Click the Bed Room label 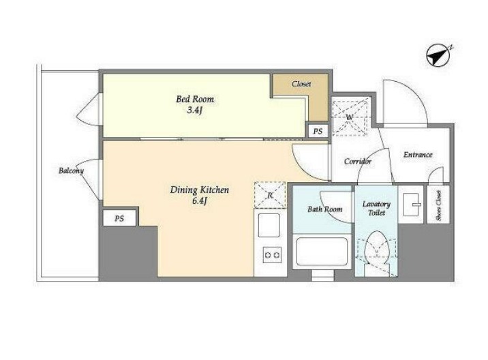tap(195, 100)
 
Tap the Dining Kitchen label tap(200, 190)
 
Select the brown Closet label tap(301, 84)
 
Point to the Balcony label tap(72, 170)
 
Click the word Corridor tap(358, 162)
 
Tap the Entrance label tap(418, 155)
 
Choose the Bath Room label tap(325, 209)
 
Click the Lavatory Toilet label tap(377, 209)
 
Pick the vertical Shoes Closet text tap(438, 205)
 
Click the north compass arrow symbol tap(437, 56)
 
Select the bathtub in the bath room tap(322, 252)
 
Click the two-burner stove tap(273, 255)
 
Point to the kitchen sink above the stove tap(269, 225)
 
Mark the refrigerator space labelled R tap(270, 195)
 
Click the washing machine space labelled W tap(350, 117)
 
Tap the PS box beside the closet tap(318, 132)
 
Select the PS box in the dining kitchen tap(119, 218)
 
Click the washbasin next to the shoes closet tap(411, 205)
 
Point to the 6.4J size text tap(200, 201)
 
